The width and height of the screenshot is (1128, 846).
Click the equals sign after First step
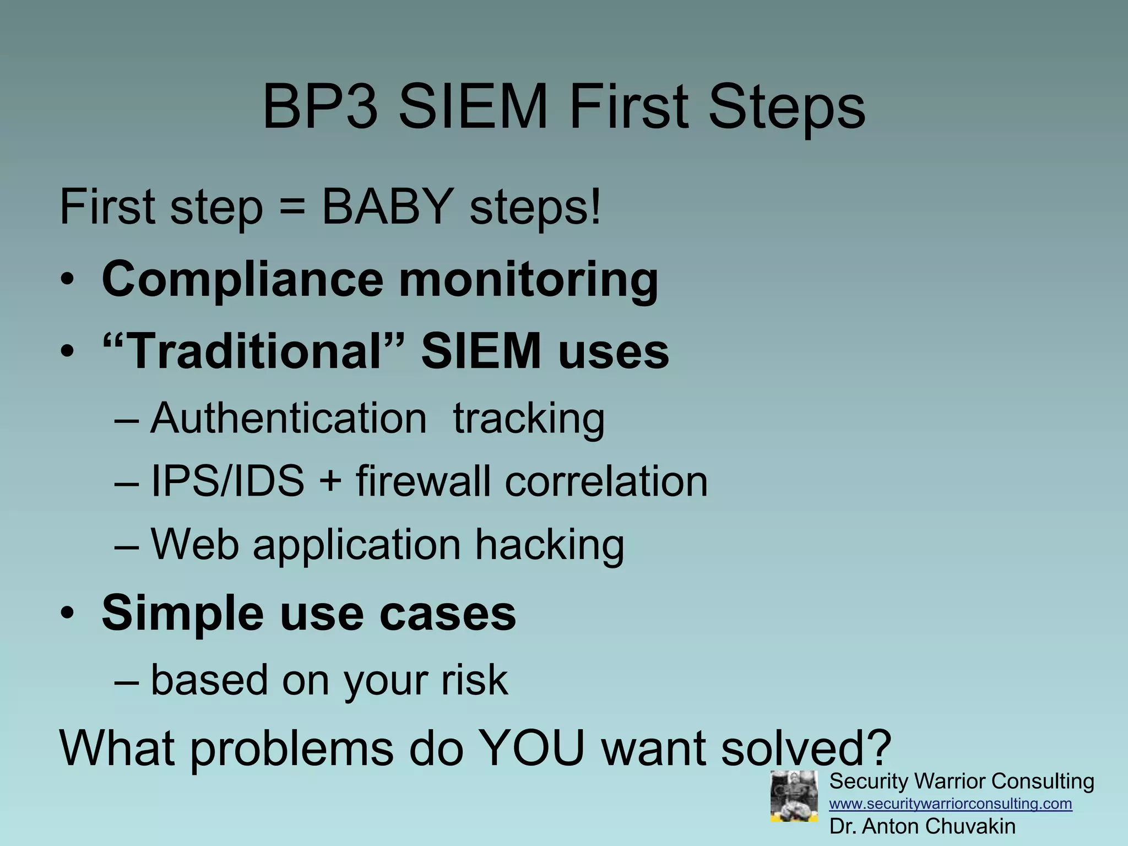pos(292,208)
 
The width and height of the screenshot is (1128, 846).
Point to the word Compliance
pos(242,280)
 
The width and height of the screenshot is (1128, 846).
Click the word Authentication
pos(289,418)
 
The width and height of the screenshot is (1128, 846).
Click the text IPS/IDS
pos(227,481)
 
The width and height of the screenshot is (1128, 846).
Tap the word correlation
pos(606,481)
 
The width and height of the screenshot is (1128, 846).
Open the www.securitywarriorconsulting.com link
pos(951,804)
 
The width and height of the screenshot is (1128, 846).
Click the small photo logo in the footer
pos(794,796)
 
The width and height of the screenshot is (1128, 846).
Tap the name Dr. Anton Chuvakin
pos(922,826)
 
